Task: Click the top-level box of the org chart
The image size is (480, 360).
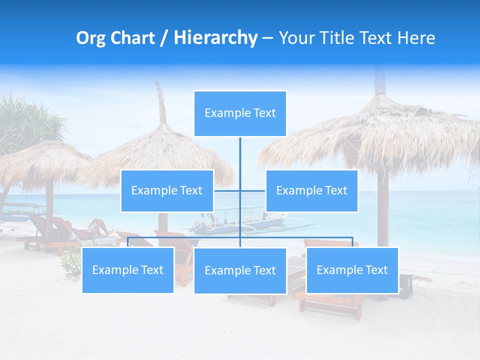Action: coord(240,113)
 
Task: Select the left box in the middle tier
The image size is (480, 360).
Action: coord(167,190)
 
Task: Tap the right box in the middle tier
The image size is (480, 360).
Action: coord(311,190)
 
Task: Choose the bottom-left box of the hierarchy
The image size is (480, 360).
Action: coord(128,270)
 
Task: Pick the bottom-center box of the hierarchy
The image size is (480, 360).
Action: coord(240,270)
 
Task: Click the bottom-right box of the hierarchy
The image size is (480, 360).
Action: coord(352,270)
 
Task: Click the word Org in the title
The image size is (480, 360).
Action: coord(90,38)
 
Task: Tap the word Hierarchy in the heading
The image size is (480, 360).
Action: coord(215,38)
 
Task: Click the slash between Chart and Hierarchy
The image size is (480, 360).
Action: coord(164,38)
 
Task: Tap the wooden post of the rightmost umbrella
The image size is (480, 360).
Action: coord(382,210)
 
